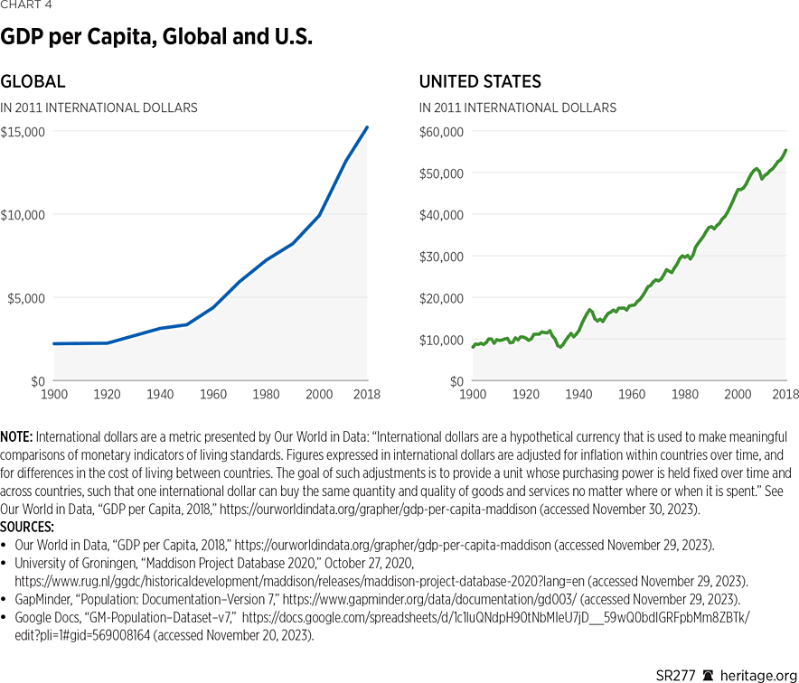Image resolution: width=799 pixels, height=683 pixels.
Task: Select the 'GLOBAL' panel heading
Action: [33, 81]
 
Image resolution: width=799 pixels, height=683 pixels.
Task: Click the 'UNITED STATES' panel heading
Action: [480, 81]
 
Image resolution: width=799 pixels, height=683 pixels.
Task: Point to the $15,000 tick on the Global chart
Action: [24, 131]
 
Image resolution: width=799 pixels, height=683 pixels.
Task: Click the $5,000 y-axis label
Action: [27, 298]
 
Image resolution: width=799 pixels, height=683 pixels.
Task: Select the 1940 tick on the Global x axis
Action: [159, 395]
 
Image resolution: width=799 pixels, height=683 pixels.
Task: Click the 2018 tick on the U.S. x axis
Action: [785, 395]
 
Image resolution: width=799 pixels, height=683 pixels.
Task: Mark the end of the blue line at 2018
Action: [367, 126]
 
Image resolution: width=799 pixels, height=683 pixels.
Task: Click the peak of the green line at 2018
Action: [785, 150]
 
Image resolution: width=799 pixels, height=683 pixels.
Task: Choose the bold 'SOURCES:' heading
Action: [27, 526]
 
